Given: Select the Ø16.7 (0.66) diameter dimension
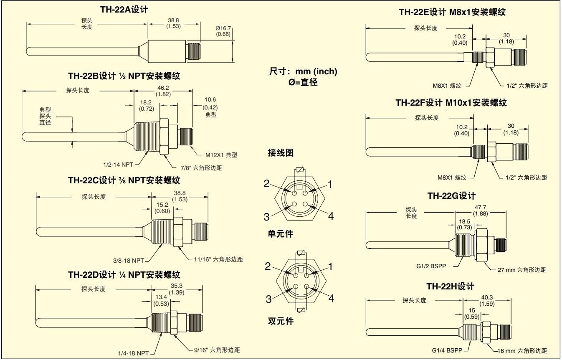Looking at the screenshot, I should click(223, 30).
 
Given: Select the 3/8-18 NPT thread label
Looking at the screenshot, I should click(129, 260).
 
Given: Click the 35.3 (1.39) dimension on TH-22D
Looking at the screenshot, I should click(177, 289).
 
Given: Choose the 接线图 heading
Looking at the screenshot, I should click(281, 153).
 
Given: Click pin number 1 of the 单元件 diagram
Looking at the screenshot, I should click(330, 184).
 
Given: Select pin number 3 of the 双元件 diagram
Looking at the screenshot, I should click(270, 299).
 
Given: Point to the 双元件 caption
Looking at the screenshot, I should click(281, 321).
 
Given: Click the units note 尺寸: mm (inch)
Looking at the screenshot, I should click(303, 71).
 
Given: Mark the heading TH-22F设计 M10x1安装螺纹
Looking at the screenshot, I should click(451, 102).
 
